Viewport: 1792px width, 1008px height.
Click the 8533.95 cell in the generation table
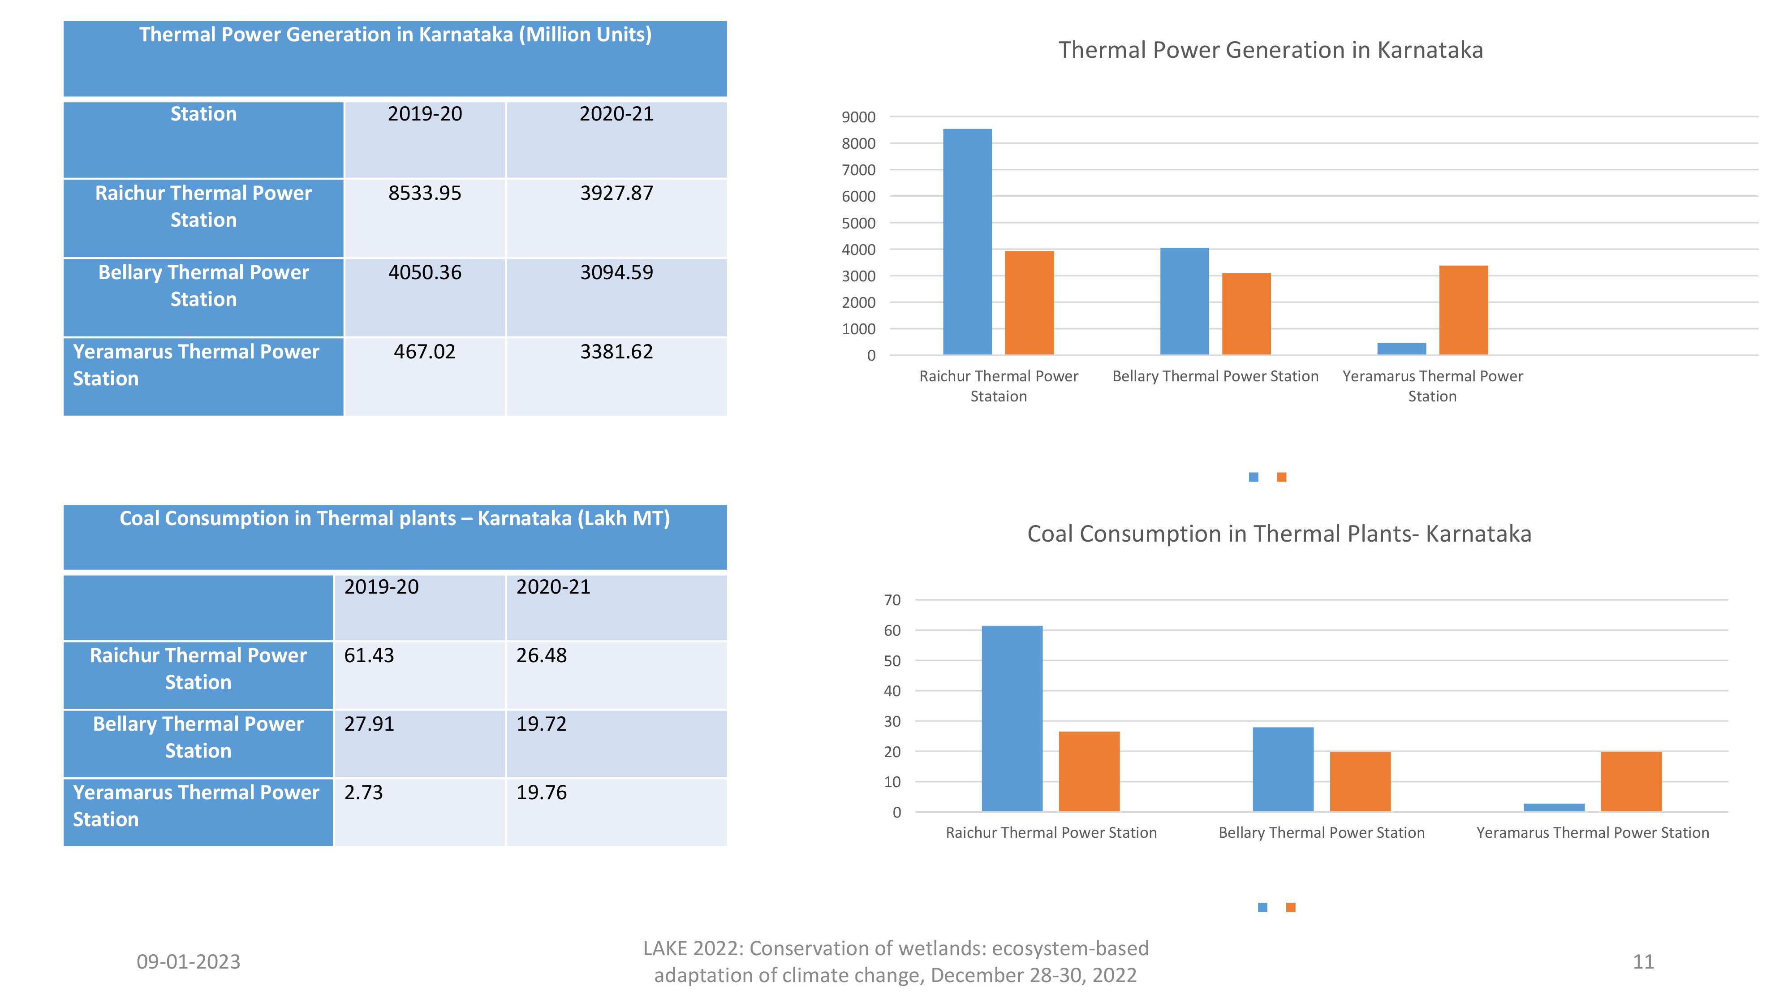tap(424, 194)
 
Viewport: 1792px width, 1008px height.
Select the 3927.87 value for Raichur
tap(616, 194)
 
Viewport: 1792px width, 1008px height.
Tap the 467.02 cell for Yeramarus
tap(424, 352)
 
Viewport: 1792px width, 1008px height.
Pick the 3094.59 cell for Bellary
tap(616, 273)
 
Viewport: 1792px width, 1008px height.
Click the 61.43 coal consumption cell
tap(369, 655)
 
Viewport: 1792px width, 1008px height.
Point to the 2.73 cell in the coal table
tap(363, 793)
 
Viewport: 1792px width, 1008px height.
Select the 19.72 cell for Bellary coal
tap(541, 724)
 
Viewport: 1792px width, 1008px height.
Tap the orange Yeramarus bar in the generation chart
tap(1463, 310)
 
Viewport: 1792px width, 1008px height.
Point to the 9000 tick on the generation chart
tap(858, 117)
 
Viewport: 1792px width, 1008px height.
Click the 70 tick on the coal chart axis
tap(892, 600)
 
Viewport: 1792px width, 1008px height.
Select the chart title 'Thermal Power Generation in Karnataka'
tap(1270, 50)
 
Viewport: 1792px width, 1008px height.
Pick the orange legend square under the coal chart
tap(1290, 907)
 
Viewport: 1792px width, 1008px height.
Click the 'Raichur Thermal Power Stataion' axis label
tap(998, 386)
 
